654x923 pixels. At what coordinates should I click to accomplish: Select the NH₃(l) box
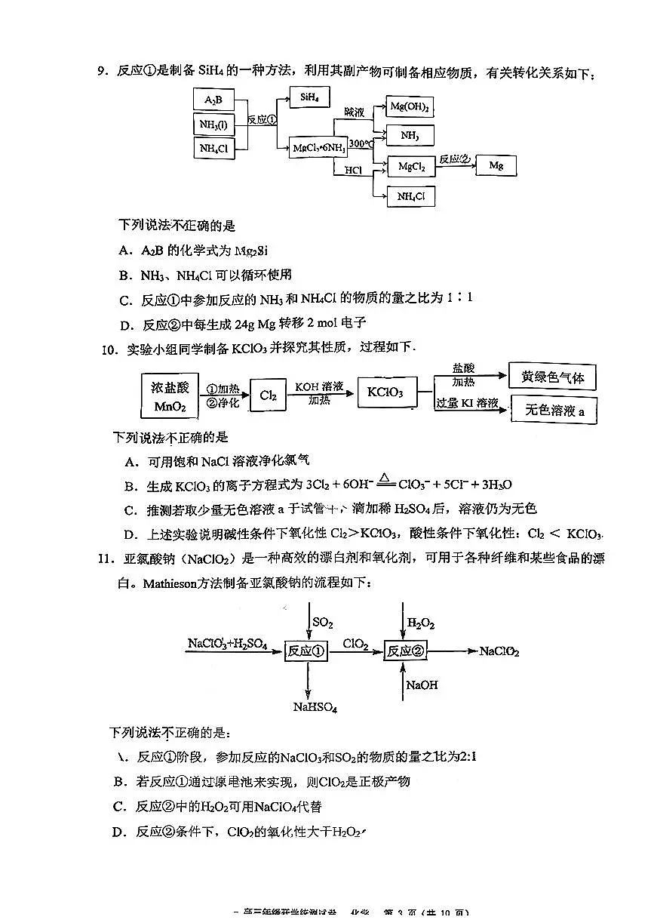213,125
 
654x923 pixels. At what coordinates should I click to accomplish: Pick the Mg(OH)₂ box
410,108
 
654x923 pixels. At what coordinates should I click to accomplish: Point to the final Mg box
496,165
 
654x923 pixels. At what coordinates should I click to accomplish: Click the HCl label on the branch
353,171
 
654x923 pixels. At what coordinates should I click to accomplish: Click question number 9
102,72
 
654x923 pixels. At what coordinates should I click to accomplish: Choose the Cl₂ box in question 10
268,395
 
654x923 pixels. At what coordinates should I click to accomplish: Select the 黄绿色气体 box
552,377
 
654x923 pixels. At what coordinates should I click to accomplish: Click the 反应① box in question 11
306,651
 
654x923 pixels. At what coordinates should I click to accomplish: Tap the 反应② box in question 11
405,651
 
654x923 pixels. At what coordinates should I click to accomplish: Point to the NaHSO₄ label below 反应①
315,707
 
